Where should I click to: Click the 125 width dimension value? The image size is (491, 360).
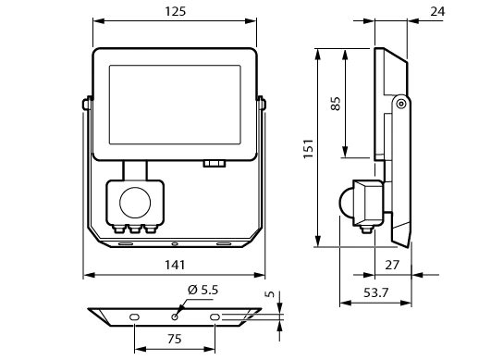coord(176,11)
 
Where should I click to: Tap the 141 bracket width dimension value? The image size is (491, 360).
coord(175,265)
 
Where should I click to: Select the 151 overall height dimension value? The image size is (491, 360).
coord(309,148)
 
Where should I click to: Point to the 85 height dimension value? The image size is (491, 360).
coord(336,104)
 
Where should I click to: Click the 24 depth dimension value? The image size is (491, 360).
coord(437,11)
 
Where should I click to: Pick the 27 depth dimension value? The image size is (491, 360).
coord(392,265)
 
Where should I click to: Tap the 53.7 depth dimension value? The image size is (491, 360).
coord(375,292)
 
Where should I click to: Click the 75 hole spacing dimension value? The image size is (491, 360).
coord(175,339)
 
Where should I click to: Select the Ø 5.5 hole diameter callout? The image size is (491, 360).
coord(203,290)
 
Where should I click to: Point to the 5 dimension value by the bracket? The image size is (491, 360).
coord(270,294)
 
